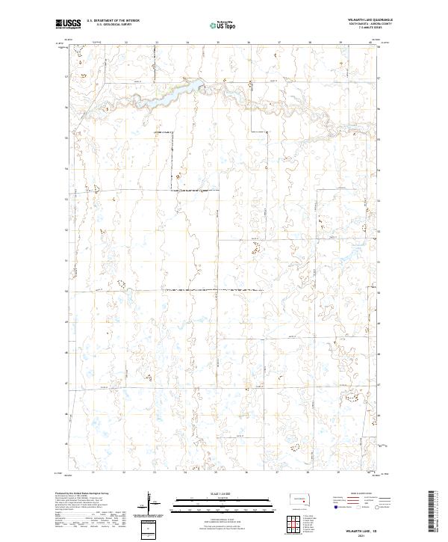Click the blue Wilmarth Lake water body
point(179,92)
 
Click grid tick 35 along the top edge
point(217,43)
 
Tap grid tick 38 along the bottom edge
point(309,472)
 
